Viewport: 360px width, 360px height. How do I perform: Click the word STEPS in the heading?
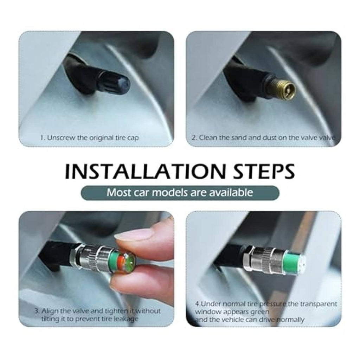coord(264,171)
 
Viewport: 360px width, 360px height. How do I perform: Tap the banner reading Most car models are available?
coord(180,193)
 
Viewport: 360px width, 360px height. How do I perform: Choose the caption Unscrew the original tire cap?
coord(90,138)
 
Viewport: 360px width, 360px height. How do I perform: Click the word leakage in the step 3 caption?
coord(126,319)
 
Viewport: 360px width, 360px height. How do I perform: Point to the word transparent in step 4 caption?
coord(319,304)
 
